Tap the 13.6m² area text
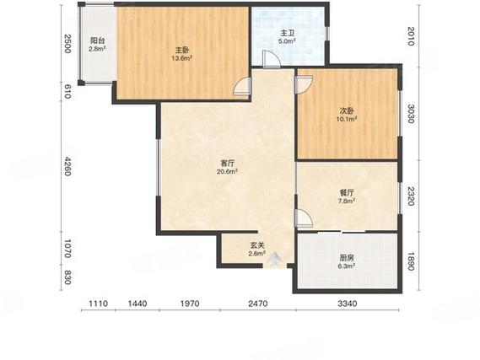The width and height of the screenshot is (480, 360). [181, 58]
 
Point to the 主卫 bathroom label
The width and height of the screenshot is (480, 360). [287, 33]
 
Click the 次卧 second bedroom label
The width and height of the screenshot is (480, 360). [347, 110]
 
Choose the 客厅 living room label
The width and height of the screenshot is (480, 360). [227, 164]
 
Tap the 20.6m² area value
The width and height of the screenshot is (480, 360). [227, 172]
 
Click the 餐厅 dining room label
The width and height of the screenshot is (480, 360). [347, 193]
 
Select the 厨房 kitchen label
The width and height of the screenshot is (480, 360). [347, 258]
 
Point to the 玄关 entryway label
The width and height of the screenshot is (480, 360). [256, 245]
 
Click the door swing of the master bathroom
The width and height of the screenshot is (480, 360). [272, 59]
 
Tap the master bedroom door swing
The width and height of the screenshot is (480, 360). [242, 86]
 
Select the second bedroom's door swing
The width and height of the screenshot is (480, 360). [304, 85]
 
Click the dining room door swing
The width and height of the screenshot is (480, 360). [304, 218]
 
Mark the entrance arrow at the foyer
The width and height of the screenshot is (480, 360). [275, 260]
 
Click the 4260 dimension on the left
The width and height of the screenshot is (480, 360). [67, 166]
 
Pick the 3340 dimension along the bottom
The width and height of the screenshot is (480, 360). [348, 304]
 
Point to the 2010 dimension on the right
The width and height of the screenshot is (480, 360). [411, 35]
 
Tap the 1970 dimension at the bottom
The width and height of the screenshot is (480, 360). [190, 304]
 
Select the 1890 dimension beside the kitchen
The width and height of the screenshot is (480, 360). [411, 261]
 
